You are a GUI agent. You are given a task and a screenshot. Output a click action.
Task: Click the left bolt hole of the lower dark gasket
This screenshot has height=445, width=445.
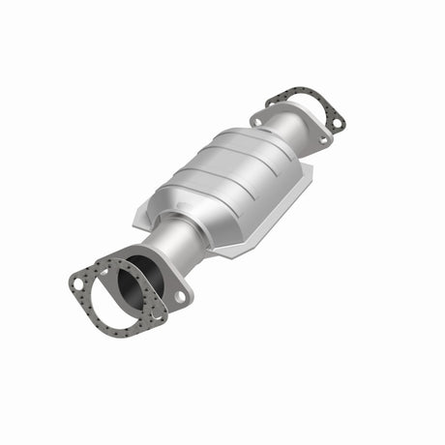pos(77,282)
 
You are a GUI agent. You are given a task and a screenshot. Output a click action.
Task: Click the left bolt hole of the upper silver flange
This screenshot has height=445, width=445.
pos(258,119)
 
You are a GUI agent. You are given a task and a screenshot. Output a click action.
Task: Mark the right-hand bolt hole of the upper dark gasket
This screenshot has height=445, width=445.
pos(336,124)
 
